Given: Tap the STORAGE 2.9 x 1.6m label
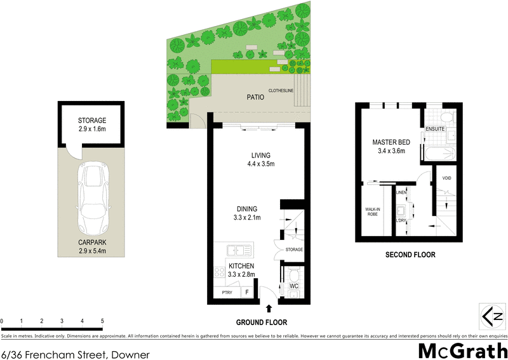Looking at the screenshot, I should pyautogui.click(x=92, y=124).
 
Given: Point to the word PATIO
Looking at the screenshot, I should pyautogui.click(x=255, y=98).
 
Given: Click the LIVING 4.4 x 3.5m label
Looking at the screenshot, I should pyautogui.click(x=260, y=159).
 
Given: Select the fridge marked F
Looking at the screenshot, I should pyautogui.click(x=248, y=293).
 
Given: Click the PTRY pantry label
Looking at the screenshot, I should pyautogui.click(x=227, y=293).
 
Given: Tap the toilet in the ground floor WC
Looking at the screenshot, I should pyautogui.click(x=294, y=275).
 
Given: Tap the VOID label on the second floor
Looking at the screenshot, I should pyautogui.click(x=446, y=178).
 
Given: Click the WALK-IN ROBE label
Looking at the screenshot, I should pyautogui.click(x=372, y=211).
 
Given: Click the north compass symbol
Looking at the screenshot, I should pyautogui.click(x=492, y=315).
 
